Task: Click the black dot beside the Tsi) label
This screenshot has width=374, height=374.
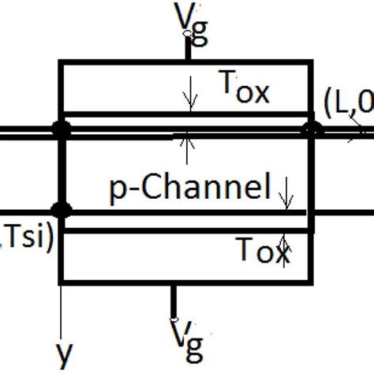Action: (59, 210)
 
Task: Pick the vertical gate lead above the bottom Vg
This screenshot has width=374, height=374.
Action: (174, 299)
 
